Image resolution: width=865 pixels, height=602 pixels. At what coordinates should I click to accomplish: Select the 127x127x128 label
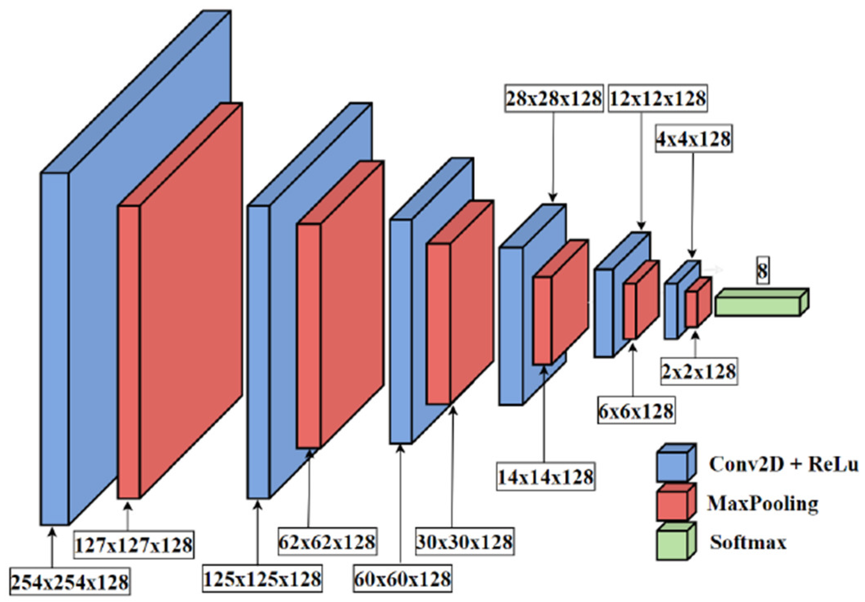(x=134, y=545)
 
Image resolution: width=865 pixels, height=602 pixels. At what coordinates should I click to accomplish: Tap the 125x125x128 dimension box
(x=262, y=579)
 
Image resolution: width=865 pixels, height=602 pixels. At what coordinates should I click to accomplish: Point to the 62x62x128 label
(x=327, y=542)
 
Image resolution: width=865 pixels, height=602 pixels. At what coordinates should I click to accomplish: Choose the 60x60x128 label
(x=402, y=579)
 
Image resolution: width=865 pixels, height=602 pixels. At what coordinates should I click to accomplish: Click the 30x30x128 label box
(x=465, y=542)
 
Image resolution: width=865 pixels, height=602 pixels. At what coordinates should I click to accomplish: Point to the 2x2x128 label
(x=699, y=371)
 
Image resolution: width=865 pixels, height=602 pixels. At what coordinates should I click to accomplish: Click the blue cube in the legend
(x=676, y=462)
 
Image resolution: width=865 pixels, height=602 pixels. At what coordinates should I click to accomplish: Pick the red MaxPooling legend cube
(x=676, y=502)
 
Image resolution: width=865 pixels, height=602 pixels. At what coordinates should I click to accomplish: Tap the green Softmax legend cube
(x=676, y=541)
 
